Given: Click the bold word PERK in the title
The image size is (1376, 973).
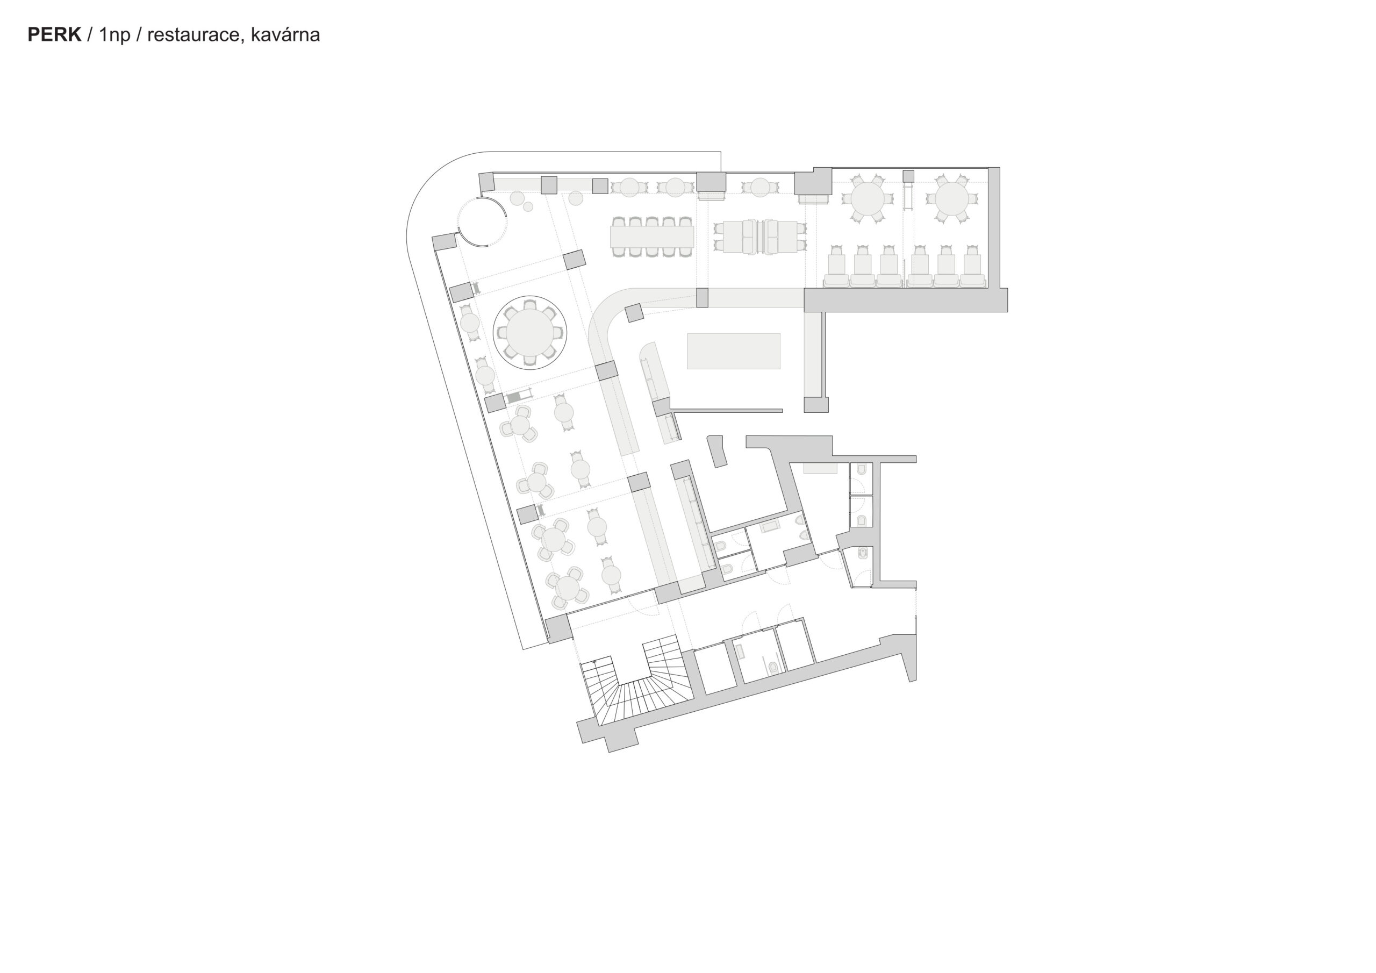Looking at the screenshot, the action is pos(54,35).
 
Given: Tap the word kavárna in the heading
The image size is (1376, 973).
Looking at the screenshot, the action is pos(285,35).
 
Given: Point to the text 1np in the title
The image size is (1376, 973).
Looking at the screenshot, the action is pos(114,35).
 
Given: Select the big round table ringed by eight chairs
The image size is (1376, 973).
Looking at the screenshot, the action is pos(530,333).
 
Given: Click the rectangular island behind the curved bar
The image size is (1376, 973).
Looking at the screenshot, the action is pos(734,350).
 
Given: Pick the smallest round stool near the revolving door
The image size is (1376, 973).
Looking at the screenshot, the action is pos(528,207).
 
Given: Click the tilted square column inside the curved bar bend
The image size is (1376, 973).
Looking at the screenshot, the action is pos(634,313).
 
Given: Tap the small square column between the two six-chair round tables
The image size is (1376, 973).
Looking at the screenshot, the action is pos(908,176).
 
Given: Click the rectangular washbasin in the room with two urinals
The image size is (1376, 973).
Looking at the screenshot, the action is pos(770,527).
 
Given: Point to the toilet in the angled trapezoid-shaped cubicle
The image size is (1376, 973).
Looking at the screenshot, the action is pos(862,552).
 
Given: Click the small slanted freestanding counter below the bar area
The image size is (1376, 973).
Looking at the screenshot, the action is pos(718,451).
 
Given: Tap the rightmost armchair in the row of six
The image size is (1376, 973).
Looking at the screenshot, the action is pos(972,267).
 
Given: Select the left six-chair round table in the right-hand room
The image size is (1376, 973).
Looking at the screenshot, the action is pos(866,198).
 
